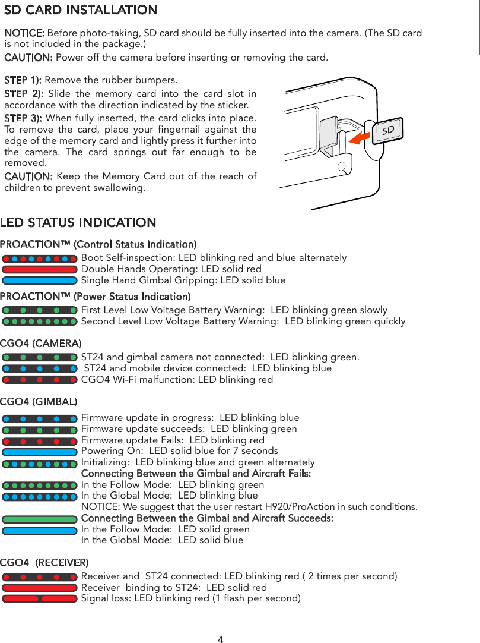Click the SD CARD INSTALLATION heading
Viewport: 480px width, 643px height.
point(81,10)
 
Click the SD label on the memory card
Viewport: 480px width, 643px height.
point(387,130)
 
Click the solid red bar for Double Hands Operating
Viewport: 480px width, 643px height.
point(40,269)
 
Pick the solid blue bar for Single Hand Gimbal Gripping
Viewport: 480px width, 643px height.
point(40,280)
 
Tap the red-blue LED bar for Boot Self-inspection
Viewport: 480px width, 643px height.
point(40,259)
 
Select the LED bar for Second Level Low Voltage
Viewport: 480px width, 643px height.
point(40,321)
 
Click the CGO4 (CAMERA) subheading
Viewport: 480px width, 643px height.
point(41,343)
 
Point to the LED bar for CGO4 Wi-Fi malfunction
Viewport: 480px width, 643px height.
point(40,379)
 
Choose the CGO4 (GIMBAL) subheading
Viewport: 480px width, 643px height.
point(39,402)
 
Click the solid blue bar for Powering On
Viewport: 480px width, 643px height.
point(40,452)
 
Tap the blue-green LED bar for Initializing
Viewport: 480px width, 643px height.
point(40,463)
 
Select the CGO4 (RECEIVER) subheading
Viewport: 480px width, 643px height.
point(44,562)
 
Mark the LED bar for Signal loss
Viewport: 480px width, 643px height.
point(40,598)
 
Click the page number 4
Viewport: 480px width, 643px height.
point(221,639)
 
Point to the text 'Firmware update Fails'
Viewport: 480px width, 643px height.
point(133,440)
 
